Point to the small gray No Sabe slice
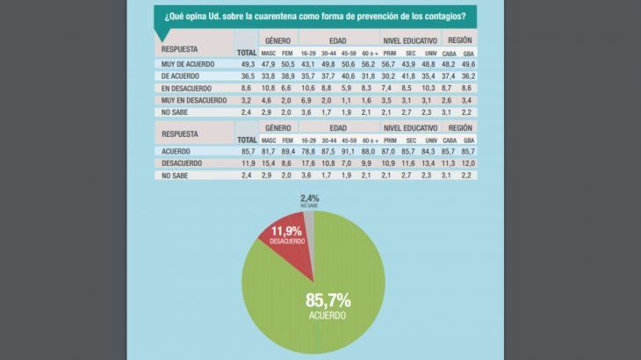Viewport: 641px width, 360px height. coord(308,220)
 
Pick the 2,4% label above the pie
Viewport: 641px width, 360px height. coord(308,198)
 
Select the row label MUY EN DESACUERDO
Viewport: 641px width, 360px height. coord(194,101)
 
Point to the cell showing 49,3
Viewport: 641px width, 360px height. coord(247,64)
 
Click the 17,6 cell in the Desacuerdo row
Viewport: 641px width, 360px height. coord(307,163)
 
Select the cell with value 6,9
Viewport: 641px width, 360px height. coord(307,101)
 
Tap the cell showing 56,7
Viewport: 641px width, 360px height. coord(391,64)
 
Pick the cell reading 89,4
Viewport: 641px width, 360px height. coord(287,151)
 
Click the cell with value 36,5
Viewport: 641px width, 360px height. coord(247,76)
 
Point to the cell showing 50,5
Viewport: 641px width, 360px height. coord(287,64)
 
